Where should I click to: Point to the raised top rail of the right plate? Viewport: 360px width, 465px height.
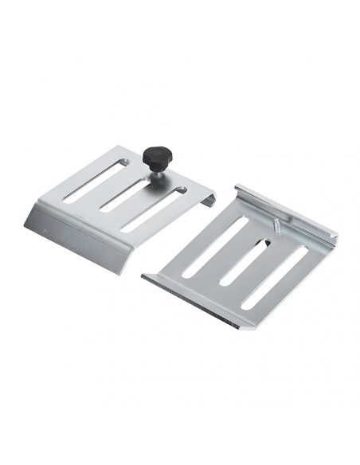coord(287,211)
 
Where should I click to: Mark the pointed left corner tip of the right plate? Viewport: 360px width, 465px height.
coord(143,275)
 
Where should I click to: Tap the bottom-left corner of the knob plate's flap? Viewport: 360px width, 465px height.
coord(26,225)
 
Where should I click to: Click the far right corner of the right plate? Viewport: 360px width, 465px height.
coord(337,236)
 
